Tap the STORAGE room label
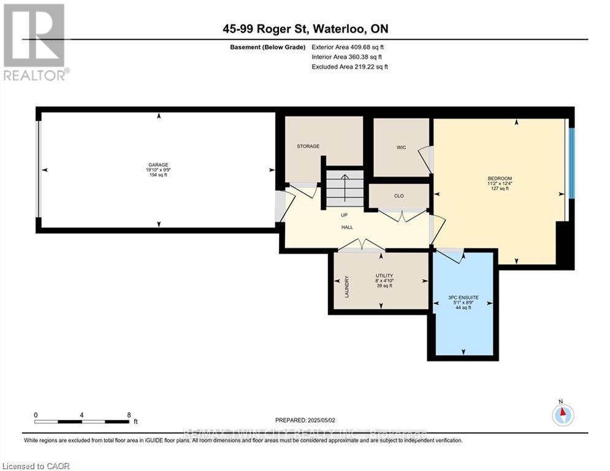(x=308, y=146)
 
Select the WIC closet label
(x=401, y=148)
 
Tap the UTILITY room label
(x=384, y=276)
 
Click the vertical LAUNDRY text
(x=346, y=286)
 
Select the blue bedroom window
(x=571, y=163)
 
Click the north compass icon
(x=562, y=415)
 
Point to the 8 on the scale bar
(x=128, y=415)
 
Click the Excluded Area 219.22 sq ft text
(x=349, y=66)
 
